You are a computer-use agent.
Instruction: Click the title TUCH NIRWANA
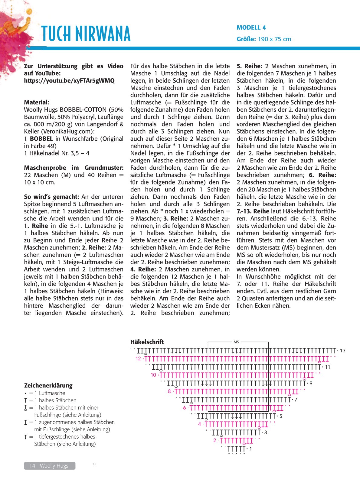click(x=86, y=34)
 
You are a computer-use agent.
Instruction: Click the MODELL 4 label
click(x=251, y=28)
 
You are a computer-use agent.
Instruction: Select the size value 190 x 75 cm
click(x=274, y=39)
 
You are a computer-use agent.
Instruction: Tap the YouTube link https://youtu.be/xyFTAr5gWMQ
click(x=69, y=81)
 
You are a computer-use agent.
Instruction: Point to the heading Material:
click(x=37, y=103)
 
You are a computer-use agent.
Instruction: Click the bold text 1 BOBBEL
click(x=38, y=139)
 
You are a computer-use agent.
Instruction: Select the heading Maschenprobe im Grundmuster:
click(x=74, y=168)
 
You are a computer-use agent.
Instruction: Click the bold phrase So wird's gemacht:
click(x=51, y=197)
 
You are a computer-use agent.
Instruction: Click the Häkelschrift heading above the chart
click(x=147, y=342)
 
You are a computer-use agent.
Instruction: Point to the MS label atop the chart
click(x=236, y=342)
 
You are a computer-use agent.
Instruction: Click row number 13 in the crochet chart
click(x=342, y=351)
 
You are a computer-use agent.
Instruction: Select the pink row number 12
click(x=138, y=359)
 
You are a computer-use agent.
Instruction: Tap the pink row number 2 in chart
click(x=214, y=440)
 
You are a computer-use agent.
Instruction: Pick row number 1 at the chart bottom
click(x=250, y=449)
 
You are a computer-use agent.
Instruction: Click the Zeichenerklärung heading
click(x=48, y=386)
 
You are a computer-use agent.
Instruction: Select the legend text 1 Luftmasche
click(x=52, y=393)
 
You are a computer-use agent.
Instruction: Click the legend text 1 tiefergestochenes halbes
click(x=67, y=437)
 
